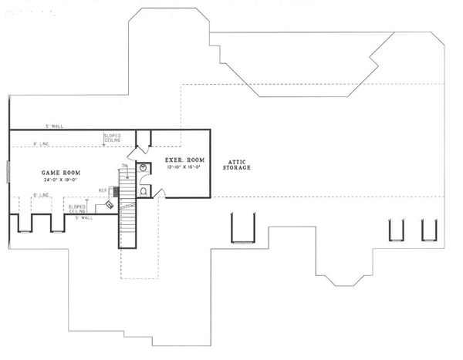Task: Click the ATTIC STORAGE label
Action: point(236,164)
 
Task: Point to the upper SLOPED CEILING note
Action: point(112,138)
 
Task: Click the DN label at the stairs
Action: point(124,166)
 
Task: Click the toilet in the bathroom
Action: point(144,190)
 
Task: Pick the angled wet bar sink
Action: point(110,204)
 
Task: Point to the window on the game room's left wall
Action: point(8,172)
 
